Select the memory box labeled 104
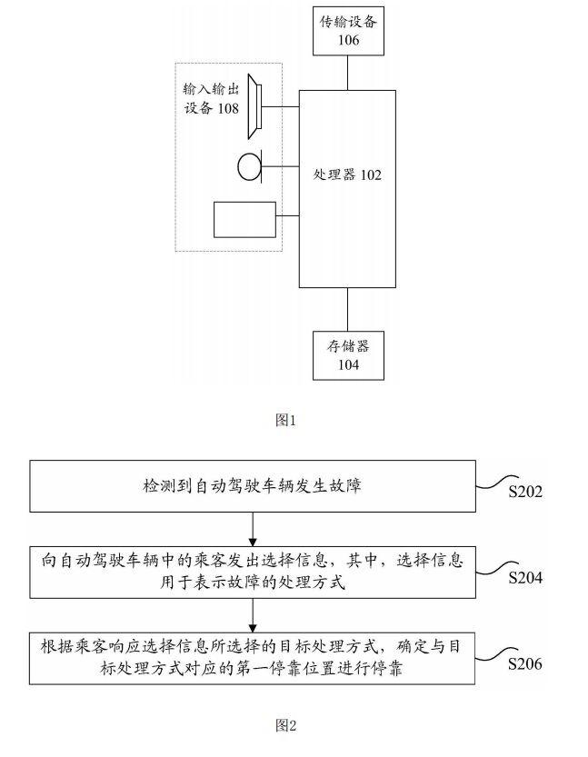click(x=347, y=354)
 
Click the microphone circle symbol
click(x=249, y=167)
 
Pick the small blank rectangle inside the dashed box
click(x=244, y=219)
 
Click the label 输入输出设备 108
click(x=211, y=100)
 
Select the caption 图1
click(x=285, y=420)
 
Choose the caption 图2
click(x=285, y=725)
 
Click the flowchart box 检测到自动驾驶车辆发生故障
click(x=251, y=487)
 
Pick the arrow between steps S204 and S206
click(x=251, y=614)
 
